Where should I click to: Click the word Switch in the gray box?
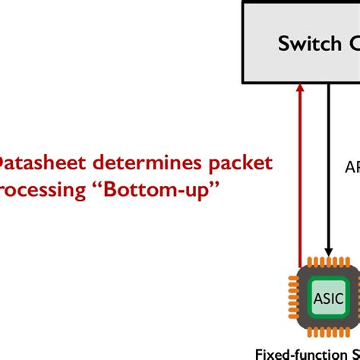coord(309,43)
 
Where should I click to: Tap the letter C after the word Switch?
coord(352,43)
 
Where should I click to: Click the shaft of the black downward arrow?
coord(329,167)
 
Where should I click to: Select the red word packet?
coord(239,163)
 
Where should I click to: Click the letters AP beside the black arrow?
coord(352,167)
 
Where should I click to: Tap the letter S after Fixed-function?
coord(355,353)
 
